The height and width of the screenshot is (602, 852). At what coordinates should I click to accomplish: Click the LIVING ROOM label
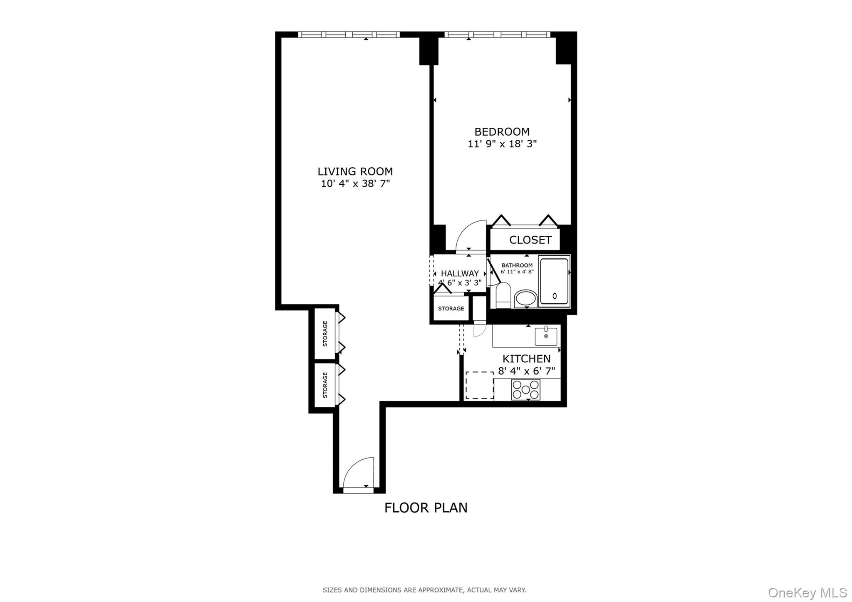pyautogui.click(x=355, y=171)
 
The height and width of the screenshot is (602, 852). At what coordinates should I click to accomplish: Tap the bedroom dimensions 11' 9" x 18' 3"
pyautogui.click(x=502, y=144)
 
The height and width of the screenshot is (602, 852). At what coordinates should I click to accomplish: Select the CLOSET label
pyautogui.click(x=530, y=240)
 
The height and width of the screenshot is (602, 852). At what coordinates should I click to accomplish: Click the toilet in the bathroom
pyautogui.click(x=503, y=295)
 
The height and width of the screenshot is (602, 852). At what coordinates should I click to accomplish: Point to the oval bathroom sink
pyautogui.click(x=526, y=298)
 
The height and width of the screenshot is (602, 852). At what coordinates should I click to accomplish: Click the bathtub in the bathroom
pyautogui.click(x=554, y=282)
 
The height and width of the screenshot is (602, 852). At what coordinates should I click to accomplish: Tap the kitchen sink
pyautogui.click(x=546, y=336)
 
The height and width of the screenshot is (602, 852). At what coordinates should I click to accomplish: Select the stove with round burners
pyautogui.click(x=525, y=389)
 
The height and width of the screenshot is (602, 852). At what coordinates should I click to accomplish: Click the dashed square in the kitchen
pyautogui.click(x=479, y=385)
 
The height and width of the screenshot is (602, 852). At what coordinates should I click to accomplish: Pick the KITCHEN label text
pyautogui.click(x=526, y=359)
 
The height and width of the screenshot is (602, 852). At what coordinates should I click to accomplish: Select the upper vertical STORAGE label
pyautogui.click(x=325, y=334)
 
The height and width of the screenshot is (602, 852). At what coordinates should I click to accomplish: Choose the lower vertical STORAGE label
pyautogui.click(x=325, y=385)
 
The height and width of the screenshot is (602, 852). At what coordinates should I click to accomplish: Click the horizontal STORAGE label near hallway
pyautogui.click(x=451, y=309)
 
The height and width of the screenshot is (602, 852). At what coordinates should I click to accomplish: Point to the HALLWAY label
pyautogui.click(x=460, y=274)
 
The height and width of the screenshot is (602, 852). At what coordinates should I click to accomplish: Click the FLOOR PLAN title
pyautogui.click(x=426, y=508)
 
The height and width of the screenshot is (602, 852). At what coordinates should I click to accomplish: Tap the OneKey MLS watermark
pyautogui.click(x=807, y=592)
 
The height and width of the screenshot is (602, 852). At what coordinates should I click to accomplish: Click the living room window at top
pyautogui.click(x=349, y=35)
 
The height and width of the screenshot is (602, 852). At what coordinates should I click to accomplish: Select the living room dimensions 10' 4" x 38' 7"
pyautogui.click(x=355, y=183)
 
